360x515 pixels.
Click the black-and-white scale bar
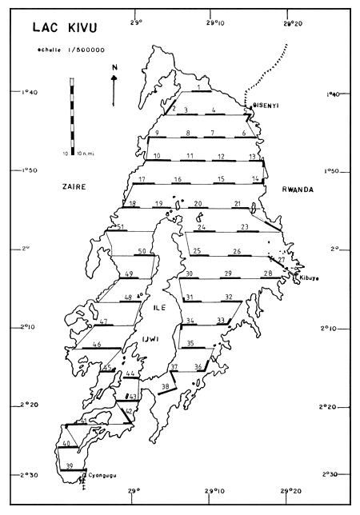[x=70, y=112]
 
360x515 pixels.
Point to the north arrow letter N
[x=113, y=69]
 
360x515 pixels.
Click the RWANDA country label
[x=298, y=190]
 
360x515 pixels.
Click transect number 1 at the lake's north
[x=198, y=86]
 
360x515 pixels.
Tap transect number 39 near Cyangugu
[x=70, y=465]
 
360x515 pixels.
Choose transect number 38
[x=166, y=387]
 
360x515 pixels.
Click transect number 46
[x=97, y=345]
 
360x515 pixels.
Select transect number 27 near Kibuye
[x=281, y=260]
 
